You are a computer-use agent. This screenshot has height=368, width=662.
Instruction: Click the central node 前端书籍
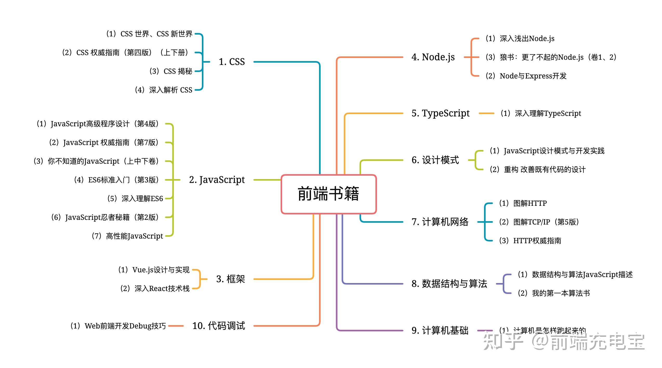click(328, 194)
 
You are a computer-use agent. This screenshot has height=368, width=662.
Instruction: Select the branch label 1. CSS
click(231, 62)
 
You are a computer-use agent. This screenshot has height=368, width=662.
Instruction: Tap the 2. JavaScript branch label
click(217, 180)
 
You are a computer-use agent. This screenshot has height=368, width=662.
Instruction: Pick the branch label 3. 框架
click(230, 279)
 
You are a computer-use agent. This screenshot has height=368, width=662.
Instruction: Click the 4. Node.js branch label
click(433, 57)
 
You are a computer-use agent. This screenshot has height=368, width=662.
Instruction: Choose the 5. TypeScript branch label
click(440, 113)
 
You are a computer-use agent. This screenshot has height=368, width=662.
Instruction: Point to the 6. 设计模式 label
click(435, 160)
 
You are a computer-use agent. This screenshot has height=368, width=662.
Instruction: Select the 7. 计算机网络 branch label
click(440, 222)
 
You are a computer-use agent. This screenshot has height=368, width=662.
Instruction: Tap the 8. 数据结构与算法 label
click(449, 284)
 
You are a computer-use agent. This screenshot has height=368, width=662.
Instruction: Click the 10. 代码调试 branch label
click(219, 326)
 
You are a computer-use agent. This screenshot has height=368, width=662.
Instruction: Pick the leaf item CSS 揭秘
click(171, 71)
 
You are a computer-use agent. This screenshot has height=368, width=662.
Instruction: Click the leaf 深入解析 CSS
click(163, 90)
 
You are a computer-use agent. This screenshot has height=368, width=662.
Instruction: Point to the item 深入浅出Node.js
click(520, 38)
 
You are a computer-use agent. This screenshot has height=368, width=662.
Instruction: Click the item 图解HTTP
click(523, 203)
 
